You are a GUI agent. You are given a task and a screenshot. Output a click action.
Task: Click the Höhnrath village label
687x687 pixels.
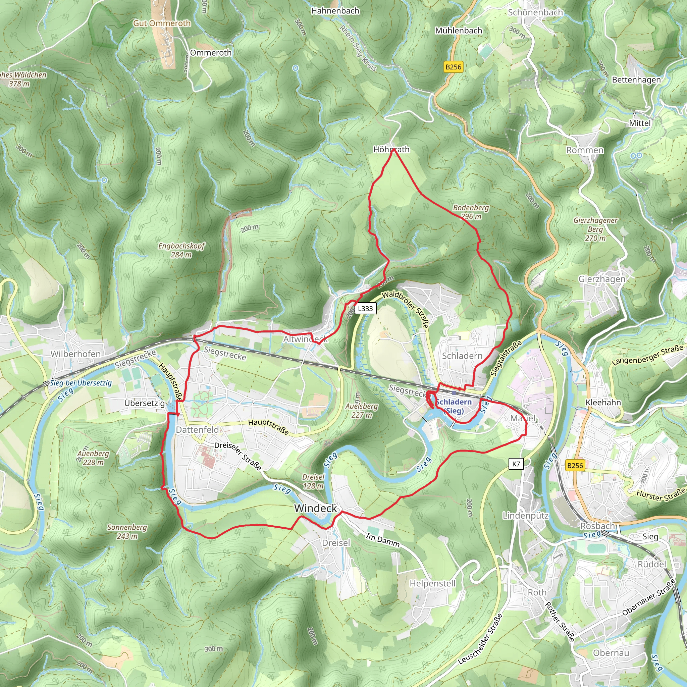pos(391,149)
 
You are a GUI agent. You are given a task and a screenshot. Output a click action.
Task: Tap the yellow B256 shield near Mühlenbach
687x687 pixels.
pos(454,67)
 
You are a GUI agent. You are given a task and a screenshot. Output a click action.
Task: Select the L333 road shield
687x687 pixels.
pos(365,308)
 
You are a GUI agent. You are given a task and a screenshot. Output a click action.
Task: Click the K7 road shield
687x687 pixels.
pos(516,464)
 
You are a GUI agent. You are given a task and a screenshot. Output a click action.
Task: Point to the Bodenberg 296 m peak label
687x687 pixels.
pos(471,212)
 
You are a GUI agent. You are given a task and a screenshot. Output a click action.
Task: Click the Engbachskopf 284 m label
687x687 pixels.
pos(181,250)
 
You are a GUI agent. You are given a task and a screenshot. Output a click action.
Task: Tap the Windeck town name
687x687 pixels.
pos(315,509)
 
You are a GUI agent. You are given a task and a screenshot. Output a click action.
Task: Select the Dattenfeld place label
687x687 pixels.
pos(197,430)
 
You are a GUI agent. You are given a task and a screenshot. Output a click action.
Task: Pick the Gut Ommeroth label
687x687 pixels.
pos(162,23)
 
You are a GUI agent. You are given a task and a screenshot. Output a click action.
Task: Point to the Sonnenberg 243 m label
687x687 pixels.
pos(127,532)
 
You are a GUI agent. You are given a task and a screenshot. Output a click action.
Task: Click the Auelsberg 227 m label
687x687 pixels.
pos(362,410)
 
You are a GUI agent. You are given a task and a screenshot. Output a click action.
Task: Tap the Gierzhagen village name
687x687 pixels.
pos(602,279)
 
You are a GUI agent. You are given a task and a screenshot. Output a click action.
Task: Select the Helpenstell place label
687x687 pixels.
pos(432,584)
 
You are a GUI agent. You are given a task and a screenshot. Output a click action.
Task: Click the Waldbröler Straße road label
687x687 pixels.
pos(405,309)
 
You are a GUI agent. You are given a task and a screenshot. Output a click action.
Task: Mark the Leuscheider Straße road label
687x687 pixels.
pos(480,639)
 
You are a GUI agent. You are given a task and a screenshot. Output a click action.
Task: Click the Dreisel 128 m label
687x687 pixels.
pos(313,481)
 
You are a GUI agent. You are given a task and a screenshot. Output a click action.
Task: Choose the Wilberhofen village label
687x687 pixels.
pos(76,354)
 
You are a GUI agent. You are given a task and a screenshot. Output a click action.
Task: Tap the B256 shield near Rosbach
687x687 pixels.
pos(575,466)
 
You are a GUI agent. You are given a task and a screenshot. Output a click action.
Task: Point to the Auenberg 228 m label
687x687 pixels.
pos(93,458)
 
